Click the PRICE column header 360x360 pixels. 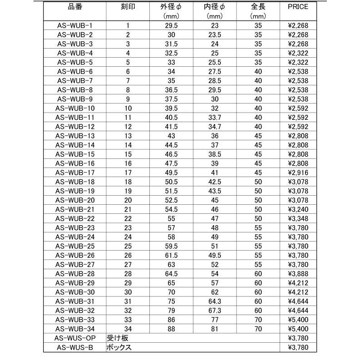click(297, 6)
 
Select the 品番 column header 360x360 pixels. click(75, 6)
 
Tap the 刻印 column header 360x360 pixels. click(128, 6)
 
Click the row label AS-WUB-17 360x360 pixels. click(75, 173)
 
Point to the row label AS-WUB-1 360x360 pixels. click(75, 25)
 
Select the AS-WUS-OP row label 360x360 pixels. click(75, 338)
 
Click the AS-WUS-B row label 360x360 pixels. click(75, 348)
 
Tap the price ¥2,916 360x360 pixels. click(297, 173)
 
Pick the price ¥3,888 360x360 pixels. click(297, 274)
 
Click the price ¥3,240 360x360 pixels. click(297, 209)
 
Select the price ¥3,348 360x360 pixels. click(297, 218)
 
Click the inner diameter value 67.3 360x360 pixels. click(215, 311)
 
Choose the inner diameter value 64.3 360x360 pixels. click(215, 301)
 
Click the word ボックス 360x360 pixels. click(119, 348)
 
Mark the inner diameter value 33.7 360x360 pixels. click(215, 117)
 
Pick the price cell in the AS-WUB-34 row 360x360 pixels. click(297, 329)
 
